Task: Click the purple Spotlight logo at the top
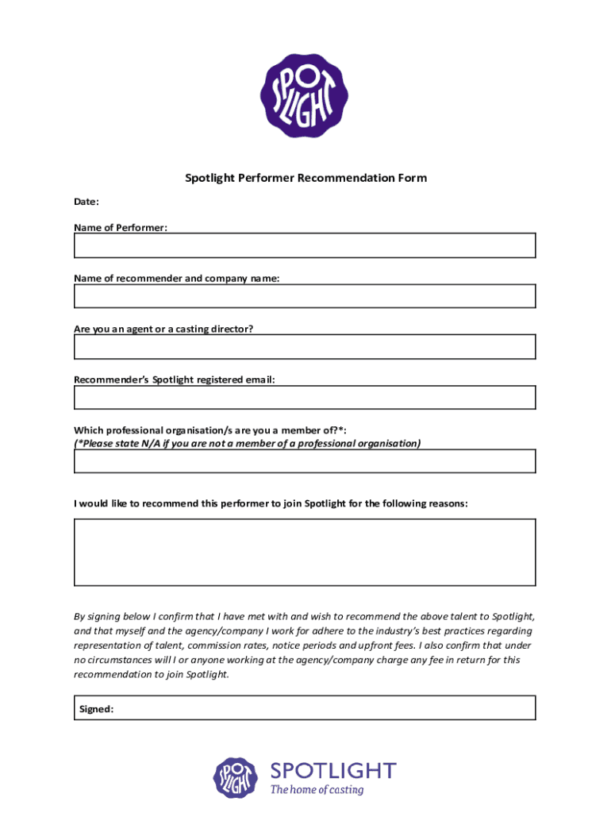click(x=305, y=95)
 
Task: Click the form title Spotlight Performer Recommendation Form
click(x=305, y=178)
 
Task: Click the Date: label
click(x=86, y=202)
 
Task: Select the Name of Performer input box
click(x=305, y=245)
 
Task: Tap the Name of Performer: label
click(x=121, y=228)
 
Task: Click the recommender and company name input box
click(x=305, y=296)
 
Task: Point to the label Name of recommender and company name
click(x=176, y=279)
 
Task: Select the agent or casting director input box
click(x=305, y=347)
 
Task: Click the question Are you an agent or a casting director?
click(x=163, y=329)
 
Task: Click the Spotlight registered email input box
click(x=305, y=397)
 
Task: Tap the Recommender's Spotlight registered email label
click(x=175, y=380)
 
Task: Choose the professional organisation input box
click(x=305, y=461)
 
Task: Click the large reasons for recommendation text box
click(x=305, y=553)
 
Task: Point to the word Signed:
click(x=96, y=709)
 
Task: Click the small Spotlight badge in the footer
click(x=236, y=777)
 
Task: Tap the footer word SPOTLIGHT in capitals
click(x=332, y=770)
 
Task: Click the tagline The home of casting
click(x=317, y=790)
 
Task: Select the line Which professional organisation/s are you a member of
click(x=210, y=430)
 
